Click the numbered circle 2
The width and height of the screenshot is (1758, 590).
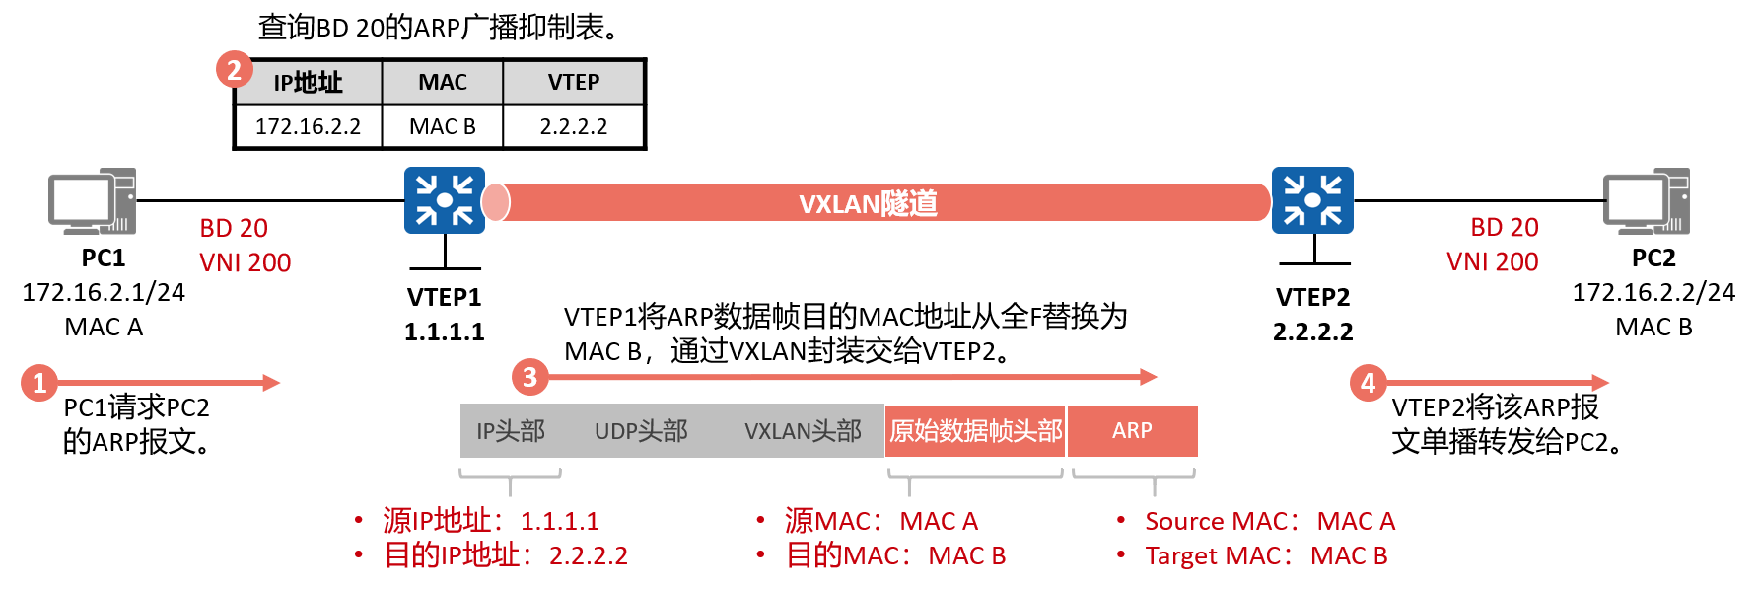pos(234,70)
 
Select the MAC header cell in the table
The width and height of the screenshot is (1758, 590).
pos(443,82)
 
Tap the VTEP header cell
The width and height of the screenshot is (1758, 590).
pos(573,82)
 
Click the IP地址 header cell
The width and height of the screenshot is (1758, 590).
pos(309,82)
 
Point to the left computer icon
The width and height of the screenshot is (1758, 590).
pos(92,201)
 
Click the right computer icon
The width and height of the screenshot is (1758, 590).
pos(1646,201)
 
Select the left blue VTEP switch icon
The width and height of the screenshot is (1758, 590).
pos(445,200)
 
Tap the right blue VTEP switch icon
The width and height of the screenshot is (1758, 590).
pos(1312,200)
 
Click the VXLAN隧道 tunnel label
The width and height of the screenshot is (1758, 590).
pos(868,203)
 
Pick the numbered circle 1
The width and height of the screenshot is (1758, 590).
pos(39,383)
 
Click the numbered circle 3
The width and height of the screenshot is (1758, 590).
pos(529,377)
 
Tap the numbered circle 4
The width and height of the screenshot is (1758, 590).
pos(1368,383)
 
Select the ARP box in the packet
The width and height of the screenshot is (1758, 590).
pos(1133,430)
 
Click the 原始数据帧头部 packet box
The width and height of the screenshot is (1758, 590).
pos(975,430)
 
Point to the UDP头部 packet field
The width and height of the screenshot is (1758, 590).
pos(641,430)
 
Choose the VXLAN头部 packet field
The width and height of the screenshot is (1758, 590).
pos(803,430)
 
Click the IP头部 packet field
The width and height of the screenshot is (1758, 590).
pos(511,430)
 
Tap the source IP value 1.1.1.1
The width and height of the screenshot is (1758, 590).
pos(559,521)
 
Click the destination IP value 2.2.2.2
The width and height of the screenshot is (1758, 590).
pos(588,555)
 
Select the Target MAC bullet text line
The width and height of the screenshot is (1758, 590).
pos(1266,555)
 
